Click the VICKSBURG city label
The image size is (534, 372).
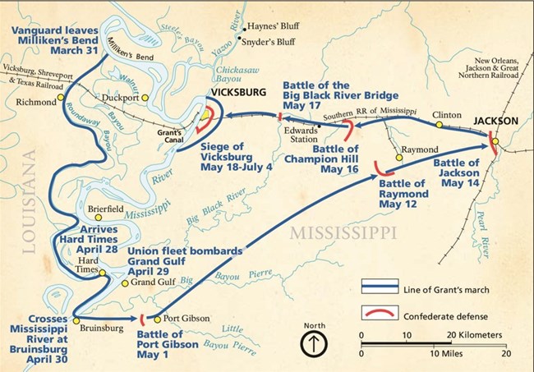tap(238, 93)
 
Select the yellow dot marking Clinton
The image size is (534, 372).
tap(440, 126)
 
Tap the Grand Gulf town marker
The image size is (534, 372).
tap(125, 283)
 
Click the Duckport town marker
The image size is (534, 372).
tap(145, 97)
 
